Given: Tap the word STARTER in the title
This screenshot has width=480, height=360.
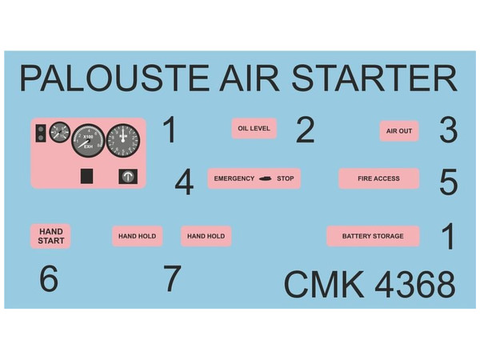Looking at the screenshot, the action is pyautogui.click(x=374, y=78).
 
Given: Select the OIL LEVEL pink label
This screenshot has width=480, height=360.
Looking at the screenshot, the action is pyautogui.click(x=254, y=128).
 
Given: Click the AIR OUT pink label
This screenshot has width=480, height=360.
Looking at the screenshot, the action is pyautogui.click(x=399, y=131).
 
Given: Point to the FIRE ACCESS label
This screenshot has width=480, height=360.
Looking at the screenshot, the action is pyautogui.click(x=378, y=178).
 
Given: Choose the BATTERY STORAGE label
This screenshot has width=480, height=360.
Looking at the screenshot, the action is pyautogui.click(x=373, y=236).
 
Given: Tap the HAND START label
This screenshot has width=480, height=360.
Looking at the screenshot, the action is pyautogui.click(x=51, y=236).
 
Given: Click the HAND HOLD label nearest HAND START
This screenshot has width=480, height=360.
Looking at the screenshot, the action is pyautogui.click(x=137, y=236).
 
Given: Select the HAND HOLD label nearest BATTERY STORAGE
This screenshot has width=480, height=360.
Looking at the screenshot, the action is pyautogui.click(x=206, y=236).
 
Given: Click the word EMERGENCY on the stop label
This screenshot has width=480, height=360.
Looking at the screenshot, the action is pyautogui.click(x=234, y=178).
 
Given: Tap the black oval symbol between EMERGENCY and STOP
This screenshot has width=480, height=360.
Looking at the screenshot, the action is pyautogui.click(x=266, y=178).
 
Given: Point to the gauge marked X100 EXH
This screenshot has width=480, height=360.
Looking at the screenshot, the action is pyautogui.click(x=88, y=141).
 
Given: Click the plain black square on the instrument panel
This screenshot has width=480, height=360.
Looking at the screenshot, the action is pyautogui.click(x=86, y=176).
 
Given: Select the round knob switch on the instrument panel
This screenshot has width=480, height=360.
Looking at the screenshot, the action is pyautogui.click(x=128, y=176).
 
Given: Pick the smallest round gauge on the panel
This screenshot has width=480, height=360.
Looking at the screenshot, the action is pyautogui.click(x=60, y=132).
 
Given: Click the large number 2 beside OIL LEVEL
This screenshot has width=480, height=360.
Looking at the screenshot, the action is pyautogui.click(x=306, y=130).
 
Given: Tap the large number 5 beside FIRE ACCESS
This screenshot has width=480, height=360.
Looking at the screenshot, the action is pyautogui.click(x=449, y=182).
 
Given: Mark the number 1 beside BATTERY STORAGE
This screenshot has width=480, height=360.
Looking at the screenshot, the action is pyautogui.click(x=449, y=236).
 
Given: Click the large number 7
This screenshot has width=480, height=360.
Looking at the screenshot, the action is pyautogui.click(x=172, y=278).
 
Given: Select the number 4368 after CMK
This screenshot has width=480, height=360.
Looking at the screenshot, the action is pyautogui.click(x=415, y=284).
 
